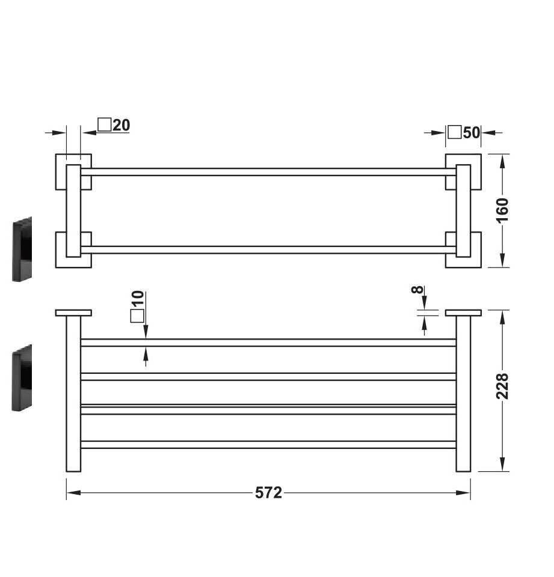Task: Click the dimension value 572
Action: click(x=268, y=493)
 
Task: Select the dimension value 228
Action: click(x=502, y=386)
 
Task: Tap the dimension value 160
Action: click(x=502, y=210)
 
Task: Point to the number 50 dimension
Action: click(x=472, y=132)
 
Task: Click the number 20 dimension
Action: click(x=121, y=125)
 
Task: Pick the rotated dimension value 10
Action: click(x=138, y=298)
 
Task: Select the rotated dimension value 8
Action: click(x=417, y=290)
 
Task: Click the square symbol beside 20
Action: click(x=105, y=125)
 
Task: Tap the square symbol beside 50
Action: click(x=455, y=132)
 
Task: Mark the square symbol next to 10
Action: click(x=138, y=316)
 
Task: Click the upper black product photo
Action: click(x=22, y=249)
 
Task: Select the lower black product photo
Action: click(x=22, y=377)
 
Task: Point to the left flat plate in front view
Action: click(x=73, y=313)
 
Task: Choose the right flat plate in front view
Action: click(x=463, y=313)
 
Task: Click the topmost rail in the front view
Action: click(x=268, y=343)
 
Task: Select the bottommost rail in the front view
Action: click(x=268, y=445)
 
